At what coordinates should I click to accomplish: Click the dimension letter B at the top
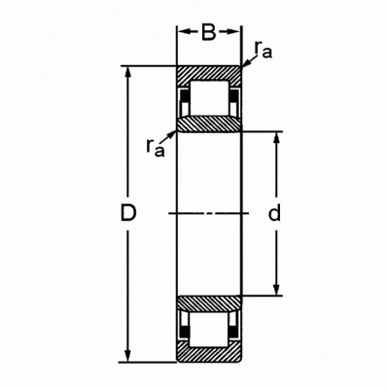tap(209, 32)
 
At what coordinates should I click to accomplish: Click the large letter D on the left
tap(128, 213)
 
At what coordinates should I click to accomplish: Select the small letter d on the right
tap(274, 213)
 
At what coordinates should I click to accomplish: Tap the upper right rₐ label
tap(263, 50)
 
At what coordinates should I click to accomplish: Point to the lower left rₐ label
tap(155, 148)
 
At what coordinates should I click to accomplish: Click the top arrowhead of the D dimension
tap(128, 73)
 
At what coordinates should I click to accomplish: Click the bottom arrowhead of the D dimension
tap(128, 356)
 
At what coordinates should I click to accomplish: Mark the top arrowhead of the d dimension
tap(276, 137)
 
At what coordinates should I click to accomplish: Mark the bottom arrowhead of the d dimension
tap(276, 290)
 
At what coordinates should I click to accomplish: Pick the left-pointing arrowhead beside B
tap(184, 32)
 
